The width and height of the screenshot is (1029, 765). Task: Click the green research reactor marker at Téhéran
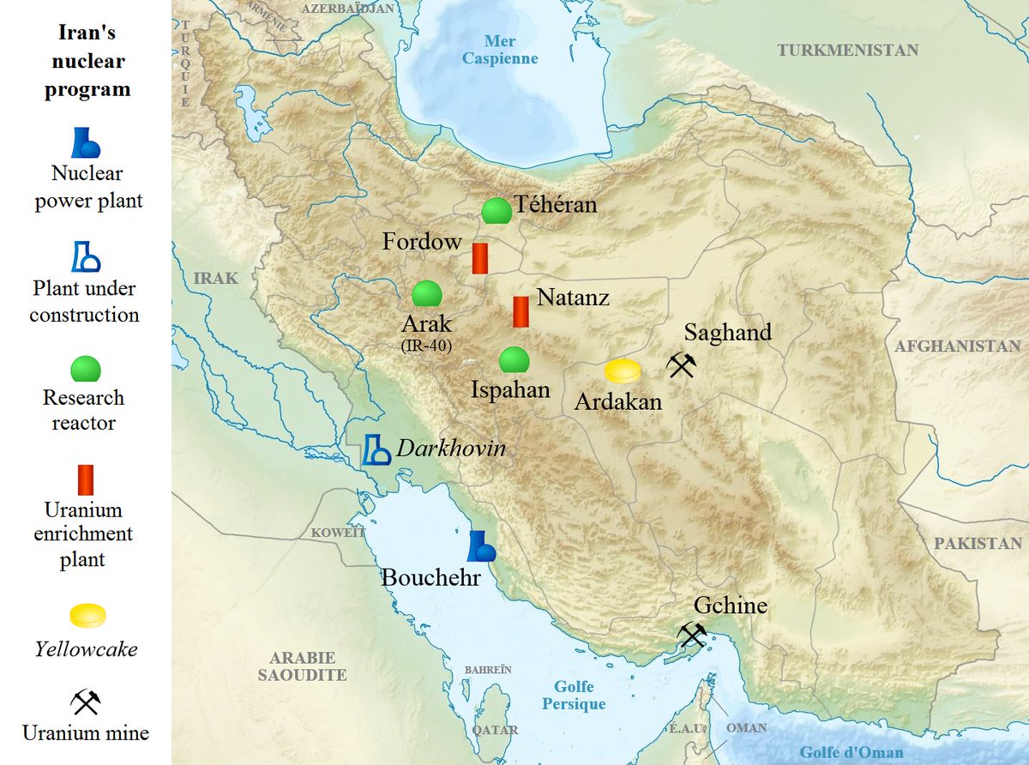(496, 211)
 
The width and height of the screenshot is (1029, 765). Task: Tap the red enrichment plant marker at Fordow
(480, 258)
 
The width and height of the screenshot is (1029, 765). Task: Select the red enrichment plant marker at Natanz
(521, 311)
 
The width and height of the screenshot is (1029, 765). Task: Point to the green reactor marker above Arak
(426, 294)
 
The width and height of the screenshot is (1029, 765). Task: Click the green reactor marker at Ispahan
(513, 360)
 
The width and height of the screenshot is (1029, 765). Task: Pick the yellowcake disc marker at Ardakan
(623, 371)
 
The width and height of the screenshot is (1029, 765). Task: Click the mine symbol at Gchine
(691, 635)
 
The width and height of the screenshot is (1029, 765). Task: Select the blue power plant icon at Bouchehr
(480, 546)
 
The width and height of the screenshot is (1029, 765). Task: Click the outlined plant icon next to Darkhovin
(375, 449)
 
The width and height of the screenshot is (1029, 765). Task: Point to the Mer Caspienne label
(500, 50)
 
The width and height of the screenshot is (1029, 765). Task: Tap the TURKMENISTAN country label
(847, 51)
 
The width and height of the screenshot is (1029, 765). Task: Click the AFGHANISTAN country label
(957, 346)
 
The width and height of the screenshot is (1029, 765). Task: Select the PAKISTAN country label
(978, 543)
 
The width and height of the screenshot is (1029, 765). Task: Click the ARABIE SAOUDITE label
(302, 666)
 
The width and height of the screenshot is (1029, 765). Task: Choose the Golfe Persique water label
(574, 696)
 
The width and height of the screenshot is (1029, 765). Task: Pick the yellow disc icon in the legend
(87, 615)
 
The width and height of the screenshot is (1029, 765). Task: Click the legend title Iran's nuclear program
(87, 61)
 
